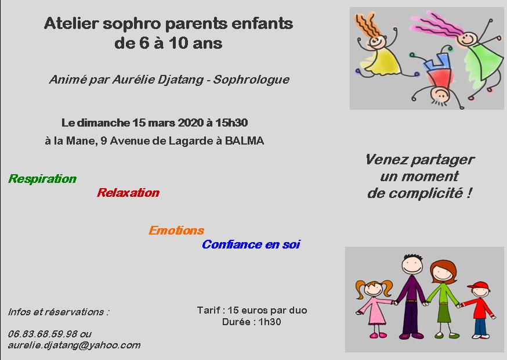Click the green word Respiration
tap(42, 179)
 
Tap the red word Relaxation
tap(128, 193)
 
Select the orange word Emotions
tap(176, 230)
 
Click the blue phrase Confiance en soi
tap(251, 244)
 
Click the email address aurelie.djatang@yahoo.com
tap(74, 345)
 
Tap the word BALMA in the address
tap(244, 141)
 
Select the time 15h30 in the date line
tap(231, 123)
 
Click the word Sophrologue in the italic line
tap(251, 80)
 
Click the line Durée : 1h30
tap(252, 322)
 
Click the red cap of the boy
tap(478, 286)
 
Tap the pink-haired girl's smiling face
tap(467, 39)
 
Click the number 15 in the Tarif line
tap(233, 310)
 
